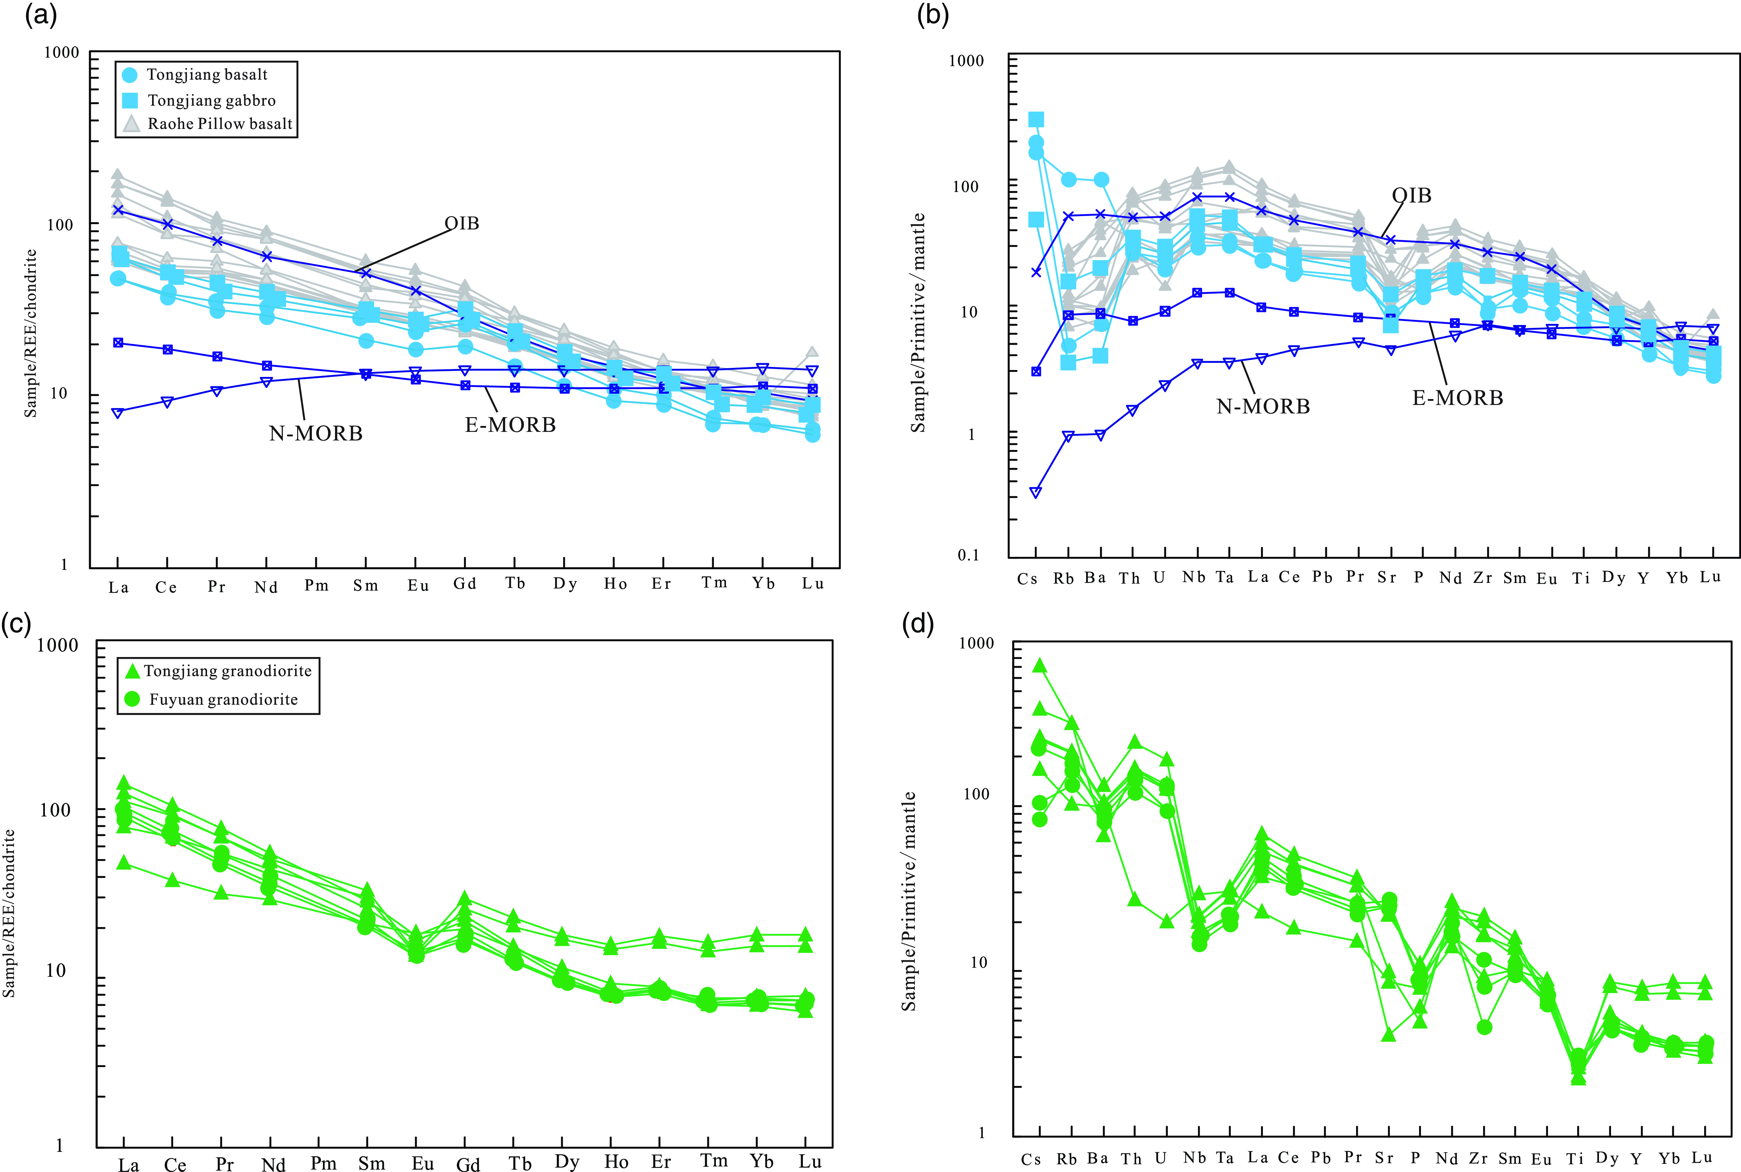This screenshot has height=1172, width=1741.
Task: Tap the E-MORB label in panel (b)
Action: (1457, 398)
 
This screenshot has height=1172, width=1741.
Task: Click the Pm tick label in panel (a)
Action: (316, 585)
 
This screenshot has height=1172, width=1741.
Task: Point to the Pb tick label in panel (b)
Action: (1322, 577)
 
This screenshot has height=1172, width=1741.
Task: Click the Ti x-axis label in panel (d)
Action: (1575, 1159)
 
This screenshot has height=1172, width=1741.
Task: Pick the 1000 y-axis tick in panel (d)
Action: (976, 643)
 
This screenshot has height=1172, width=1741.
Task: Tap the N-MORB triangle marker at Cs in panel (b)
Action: (1035, 492)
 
